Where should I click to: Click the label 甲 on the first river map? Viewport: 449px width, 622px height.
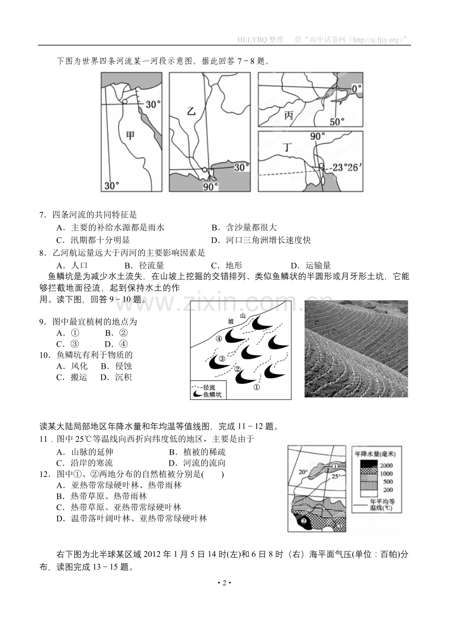point(130,135)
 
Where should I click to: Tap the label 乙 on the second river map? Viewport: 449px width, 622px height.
point(191,111)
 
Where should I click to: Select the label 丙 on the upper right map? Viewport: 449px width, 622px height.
point(289,115)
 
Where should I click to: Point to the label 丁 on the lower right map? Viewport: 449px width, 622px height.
point(287,146)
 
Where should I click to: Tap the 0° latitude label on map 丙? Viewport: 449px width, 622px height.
point(357,88)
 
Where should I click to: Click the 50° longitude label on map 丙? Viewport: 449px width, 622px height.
point(337,122)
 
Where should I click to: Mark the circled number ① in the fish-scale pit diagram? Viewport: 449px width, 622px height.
point(257,387)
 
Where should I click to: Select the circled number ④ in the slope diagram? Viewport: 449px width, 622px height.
point(219,338)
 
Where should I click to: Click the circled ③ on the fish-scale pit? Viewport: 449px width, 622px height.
point(222,359)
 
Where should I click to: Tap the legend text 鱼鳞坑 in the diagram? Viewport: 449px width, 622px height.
point(212,394)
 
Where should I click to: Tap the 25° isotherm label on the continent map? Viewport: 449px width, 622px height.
point(336,476)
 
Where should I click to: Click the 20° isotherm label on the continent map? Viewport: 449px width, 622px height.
point(303,472)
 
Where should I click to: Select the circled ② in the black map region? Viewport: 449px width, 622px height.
point(304,520)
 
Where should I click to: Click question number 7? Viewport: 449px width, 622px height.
point(42,215)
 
